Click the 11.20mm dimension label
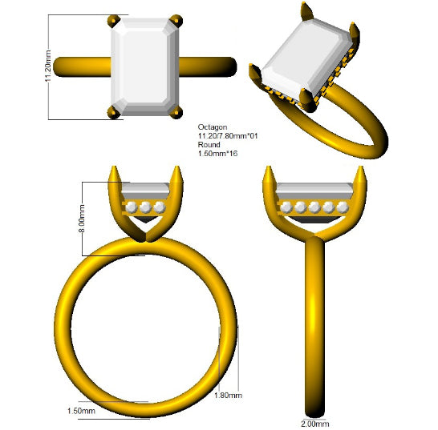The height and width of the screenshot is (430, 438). tap(48, 66)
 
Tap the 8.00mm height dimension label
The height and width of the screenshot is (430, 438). tap(82, 219)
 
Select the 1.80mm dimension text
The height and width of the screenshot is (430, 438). tap(228, 395)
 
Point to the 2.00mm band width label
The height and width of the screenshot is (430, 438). tap(314, 424)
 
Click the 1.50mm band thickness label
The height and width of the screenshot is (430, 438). tap(81, 411)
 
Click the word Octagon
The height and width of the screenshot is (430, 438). tap(213, 127)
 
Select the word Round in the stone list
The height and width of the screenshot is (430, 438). tap(209, 145)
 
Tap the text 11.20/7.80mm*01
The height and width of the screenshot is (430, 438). tap(228, 136)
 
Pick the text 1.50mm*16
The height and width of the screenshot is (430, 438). tap(217, 154)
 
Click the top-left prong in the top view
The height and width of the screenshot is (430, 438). tap(113, 21)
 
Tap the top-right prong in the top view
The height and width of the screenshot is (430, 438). tap(176, 21)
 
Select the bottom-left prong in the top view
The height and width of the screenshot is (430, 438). tap(113, 112)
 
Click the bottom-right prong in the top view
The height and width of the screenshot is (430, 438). tap(176, 112)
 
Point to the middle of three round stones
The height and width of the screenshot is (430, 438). tap(145, 207)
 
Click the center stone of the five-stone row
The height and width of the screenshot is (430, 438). tap(314, 207)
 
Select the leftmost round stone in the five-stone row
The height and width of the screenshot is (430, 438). tap(286, 207)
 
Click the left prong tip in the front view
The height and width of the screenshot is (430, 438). tap(114, 167)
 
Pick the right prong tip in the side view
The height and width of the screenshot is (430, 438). tap(360, 167)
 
